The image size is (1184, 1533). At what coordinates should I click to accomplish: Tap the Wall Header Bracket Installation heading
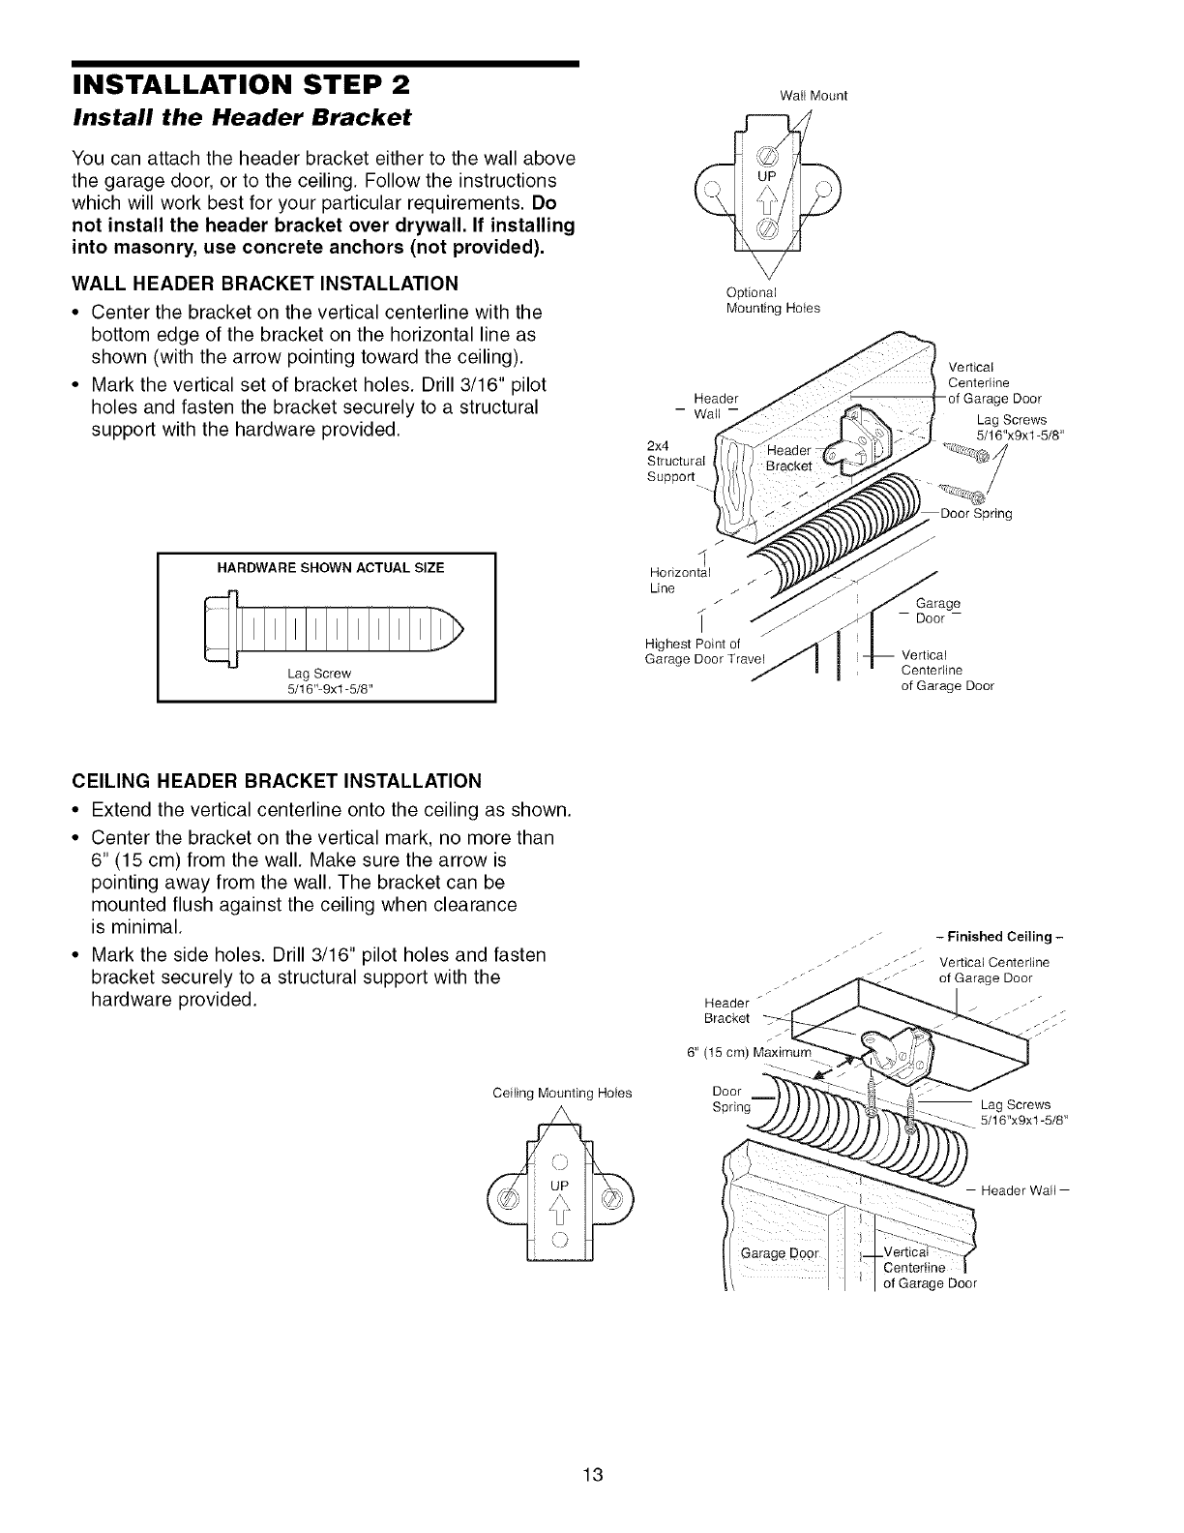(x=265, y=284)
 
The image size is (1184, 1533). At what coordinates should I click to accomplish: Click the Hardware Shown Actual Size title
(x=326, y=568)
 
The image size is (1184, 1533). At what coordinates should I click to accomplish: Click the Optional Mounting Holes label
(x=772, y=300)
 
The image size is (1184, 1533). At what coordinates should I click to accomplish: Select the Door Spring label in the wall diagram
(x=975, y=514)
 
